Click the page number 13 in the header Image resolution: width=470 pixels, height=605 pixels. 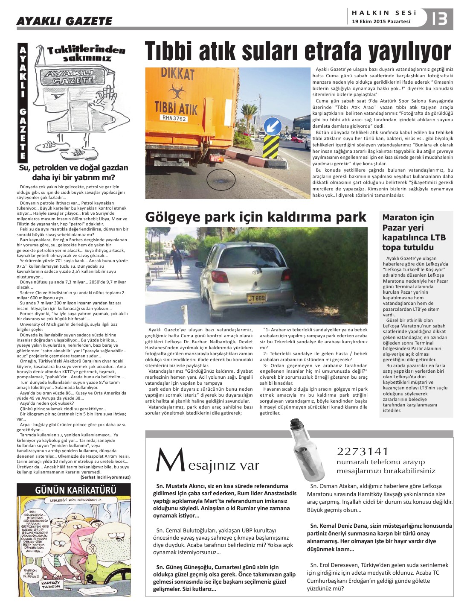coord(439,19)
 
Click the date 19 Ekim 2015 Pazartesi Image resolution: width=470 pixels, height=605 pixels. coord(381,21)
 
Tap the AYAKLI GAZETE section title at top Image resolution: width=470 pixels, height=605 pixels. coord(64,21)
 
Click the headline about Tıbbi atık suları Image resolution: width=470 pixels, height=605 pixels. coord(298,52)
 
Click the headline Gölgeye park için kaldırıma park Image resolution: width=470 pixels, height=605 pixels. coord(255,217)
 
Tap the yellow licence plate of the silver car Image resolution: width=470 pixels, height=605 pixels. coord(256,298)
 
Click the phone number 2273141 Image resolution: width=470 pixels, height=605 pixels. coord(362,451)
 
